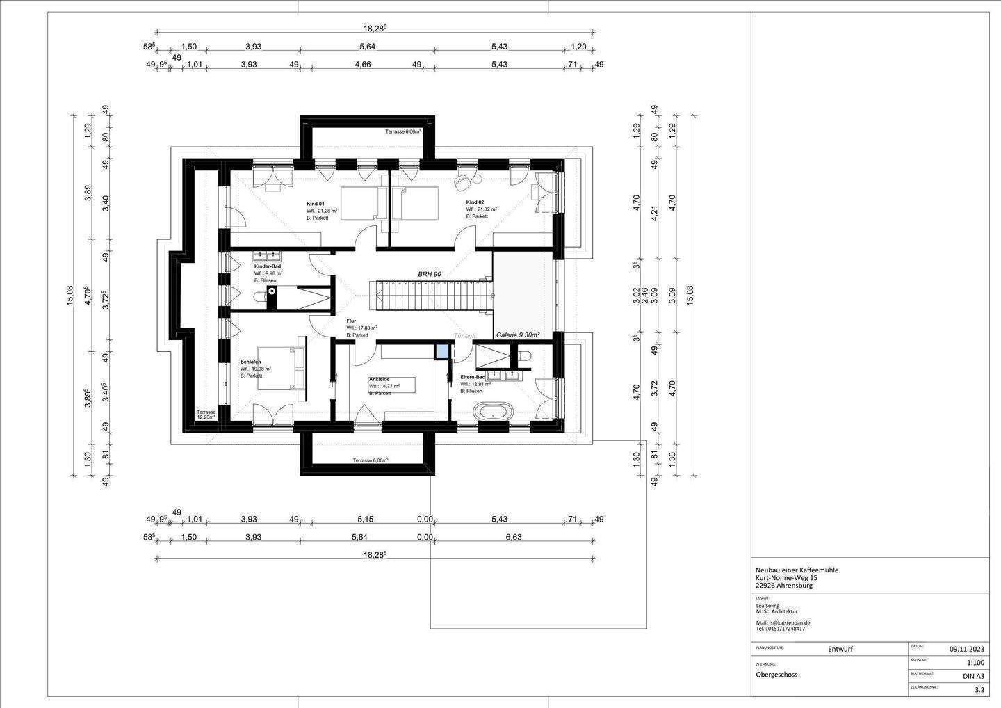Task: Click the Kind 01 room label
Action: pyautogui.click(x=316, y=203)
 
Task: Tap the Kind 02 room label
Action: pyautogui.click(x=475, y=202)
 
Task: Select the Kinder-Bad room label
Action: pyautogui.click(x=267, y=266)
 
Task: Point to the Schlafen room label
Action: pyautogui.click(x=250, y=362)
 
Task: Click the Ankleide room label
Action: pyautogui.click(x=379, y=379)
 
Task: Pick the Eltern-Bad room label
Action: pyautogui.click(x=473, y=377)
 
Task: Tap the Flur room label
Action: pyautogui.click(x=351, y=321)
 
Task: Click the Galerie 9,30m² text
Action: pyautogui.click(x=519, y=335)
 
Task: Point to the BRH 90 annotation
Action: pyautogui.click(x=429, y=275)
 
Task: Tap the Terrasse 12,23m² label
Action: pyautogui.click(x=206, y=415)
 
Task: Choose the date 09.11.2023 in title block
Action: pyautogui.click(x=967, y=650)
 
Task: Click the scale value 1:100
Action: pyautogui.click(x=975, y=663)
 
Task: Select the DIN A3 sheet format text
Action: pyautogui.click(x=973, y=676)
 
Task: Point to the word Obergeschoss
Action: pyautogui.click(x=777, y=675)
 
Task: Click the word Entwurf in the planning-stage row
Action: pyautogui.click(x=840, y=650)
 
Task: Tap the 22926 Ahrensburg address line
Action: pyautogui.click(x=783, y=586)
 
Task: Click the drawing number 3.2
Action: pyautogui.click(x=979, y=691)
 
